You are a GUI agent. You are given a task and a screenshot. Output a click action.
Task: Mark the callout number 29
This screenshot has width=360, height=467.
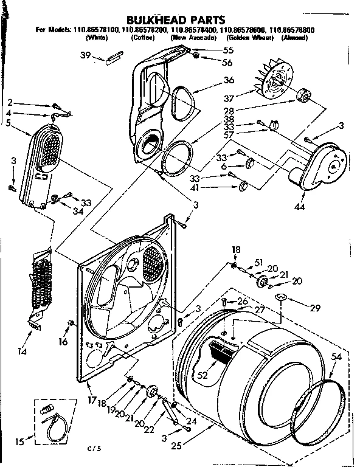point(314,308)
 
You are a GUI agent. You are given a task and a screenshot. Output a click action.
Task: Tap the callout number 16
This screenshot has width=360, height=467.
point(63,342)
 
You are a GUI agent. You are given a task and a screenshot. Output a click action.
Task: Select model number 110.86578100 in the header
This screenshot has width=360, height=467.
point(91,30)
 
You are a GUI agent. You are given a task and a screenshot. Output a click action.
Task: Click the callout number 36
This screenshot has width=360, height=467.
point(229,80)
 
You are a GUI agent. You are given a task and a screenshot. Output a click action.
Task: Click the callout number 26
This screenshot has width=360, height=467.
point(243,301)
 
